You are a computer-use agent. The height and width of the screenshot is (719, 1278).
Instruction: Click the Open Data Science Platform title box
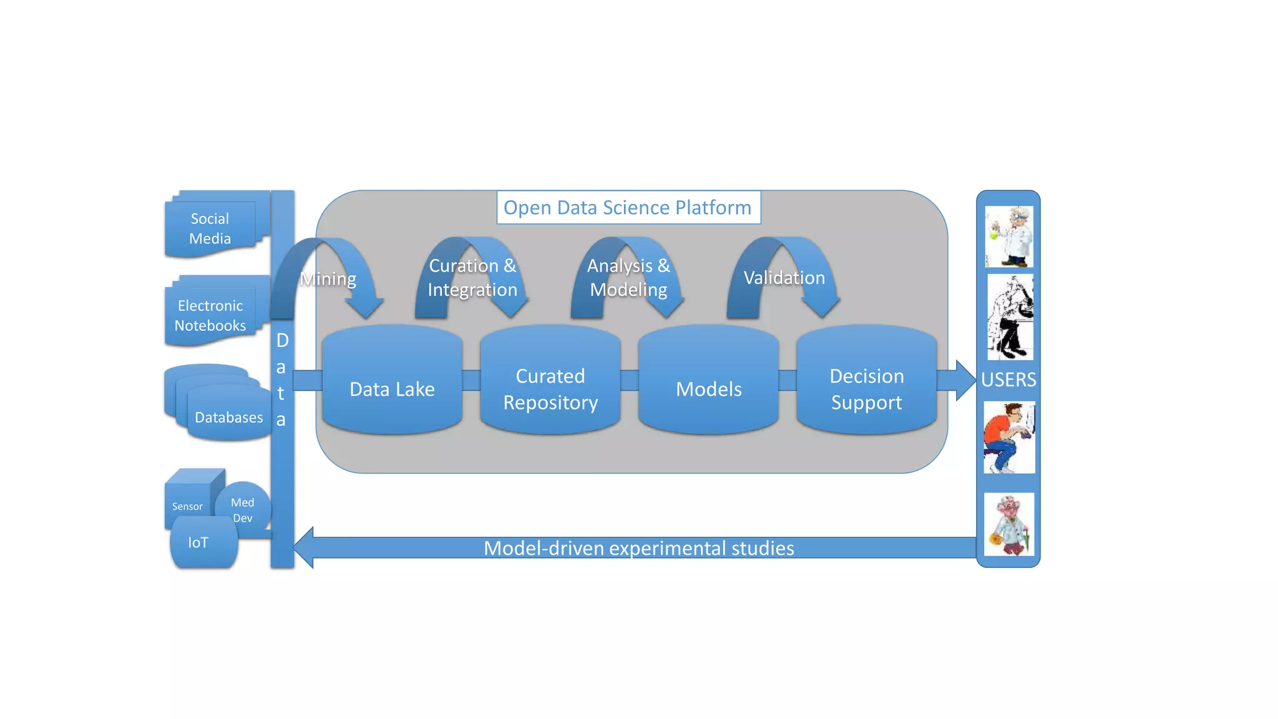628,207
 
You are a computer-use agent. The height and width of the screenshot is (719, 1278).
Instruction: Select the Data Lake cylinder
392,388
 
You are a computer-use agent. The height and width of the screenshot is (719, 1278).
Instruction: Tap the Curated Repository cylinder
550,388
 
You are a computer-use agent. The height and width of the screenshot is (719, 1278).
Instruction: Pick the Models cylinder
708,388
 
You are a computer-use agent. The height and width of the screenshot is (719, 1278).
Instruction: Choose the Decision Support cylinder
866,388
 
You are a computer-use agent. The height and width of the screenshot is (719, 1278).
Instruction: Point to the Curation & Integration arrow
472,277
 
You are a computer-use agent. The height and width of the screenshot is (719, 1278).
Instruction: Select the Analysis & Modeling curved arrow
628,277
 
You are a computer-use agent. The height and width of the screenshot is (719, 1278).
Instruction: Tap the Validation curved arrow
784,277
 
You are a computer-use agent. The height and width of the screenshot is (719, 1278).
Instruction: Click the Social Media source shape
210,228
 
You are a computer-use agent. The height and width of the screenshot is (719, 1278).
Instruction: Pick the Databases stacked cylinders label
228,417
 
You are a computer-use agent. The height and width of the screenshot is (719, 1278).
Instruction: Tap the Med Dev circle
243,509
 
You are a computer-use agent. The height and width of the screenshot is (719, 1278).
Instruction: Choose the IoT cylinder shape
198,542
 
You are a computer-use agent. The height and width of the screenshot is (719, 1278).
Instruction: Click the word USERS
1008,379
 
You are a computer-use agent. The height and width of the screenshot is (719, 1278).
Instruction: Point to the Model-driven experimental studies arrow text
638,548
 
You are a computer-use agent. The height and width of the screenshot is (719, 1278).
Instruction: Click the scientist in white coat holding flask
1009,237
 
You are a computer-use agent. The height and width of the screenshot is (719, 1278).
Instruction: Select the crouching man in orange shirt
1009,437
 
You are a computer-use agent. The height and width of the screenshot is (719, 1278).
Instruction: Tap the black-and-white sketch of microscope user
1010,316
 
